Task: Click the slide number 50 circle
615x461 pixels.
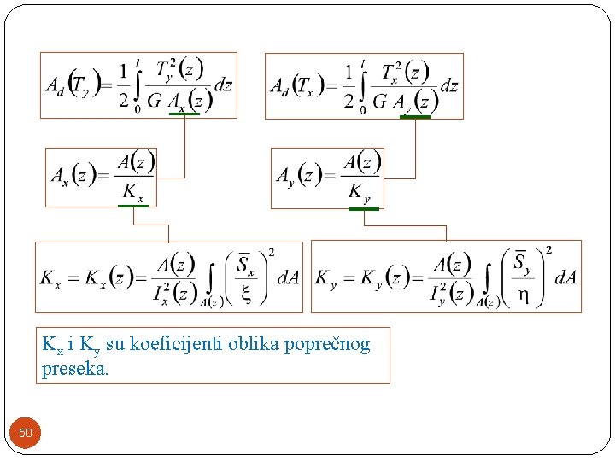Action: [x=26, y=433]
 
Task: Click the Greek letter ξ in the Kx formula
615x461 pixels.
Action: [x=246, y=293]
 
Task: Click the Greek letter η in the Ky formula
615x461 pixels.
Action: [x=522, y=293]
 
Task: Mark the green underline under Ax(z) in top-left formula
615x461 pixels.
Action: [x=184, y=114]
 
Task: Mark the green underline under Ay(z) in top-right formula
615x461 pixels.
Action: [x=415, y=116]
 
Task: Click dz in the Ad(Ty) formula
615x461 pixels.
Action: [x=222, y=85]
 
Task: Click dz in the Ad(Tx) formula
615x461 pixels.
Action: [x=449, y=85]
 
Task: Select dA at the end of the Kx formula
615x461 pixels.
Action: [x=288, y=277]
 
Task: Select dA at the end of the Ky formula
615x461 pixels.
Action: [x=565, y=277]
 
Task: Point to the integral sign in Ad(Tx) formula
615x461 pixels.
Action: [x=364, y=85]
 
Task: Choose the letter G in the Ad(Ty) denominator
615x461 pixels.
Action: [x=154, y=101]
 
